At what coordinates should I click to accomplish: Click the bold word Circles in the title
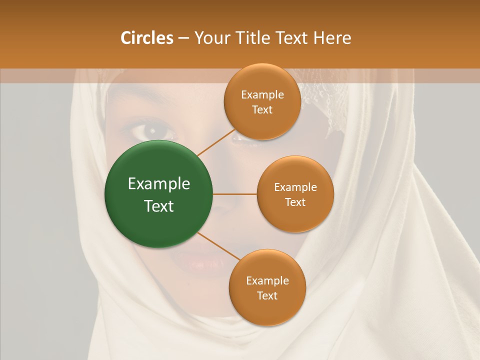click(146, 38)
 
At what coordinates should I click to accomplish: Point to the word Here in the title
click(332, 38)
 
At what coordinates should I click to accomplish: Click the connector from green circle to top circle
click(216, 142)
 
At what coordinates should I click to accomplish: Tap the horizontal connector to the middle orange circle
click(234, 194)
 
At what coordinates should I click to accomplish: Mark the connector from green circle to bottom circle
click(219, 246)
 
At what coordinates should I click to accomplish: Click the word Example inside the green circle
click(159, 184)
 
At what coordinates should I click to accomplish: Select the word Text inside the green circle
click(159, 206)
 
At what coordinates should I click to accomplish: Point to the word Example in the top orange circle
click(262, 95)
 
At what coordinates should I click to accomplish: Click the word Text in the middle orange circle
click(295, 202)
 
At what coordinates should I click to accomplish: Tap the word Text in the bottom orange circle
click(267, 295)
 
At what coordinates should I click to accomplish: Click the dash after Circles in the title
click(183, 38)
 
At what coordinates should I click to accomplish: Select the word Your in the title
click(210, 38)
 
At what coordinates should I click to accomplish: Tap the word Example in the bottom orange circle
click(267, 280)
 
